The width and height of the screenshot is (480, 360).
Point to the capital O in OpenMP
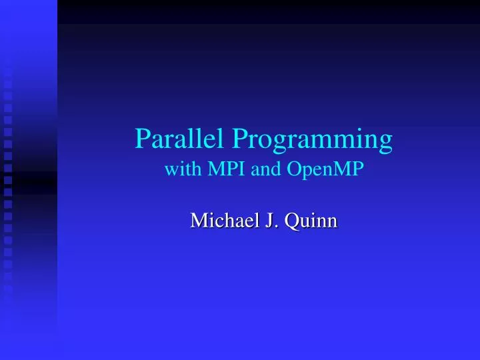(294, 170)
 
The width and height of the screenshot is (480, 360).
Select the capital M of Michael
(198, 220)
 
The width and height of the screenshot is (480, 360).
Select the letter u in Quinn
(304, 222)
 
